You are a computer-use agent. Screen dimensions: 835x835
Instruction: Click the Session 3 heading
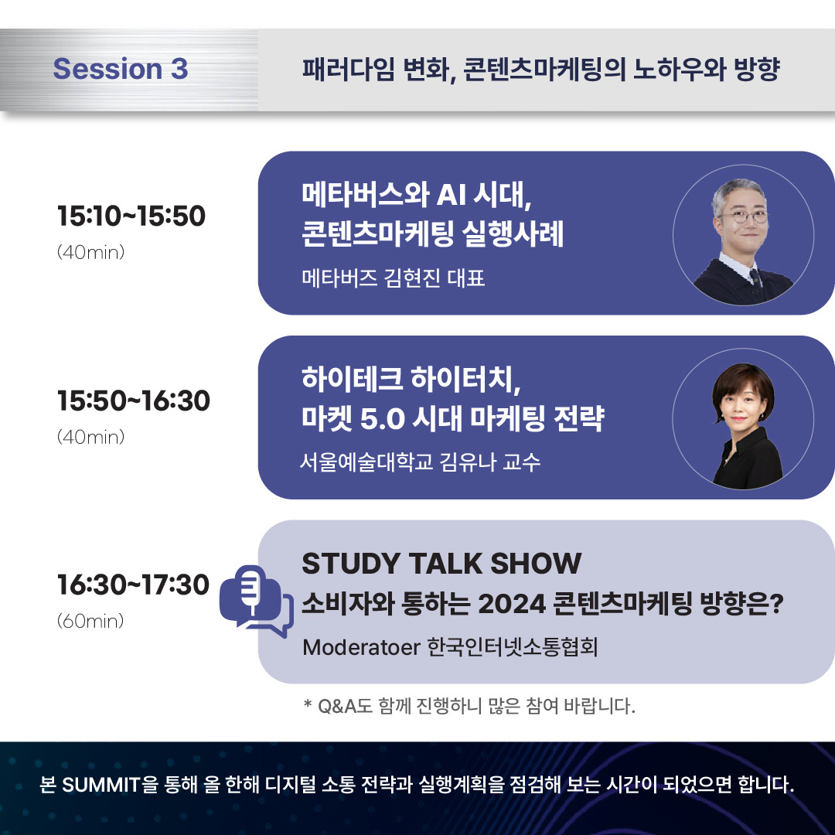point(121,70)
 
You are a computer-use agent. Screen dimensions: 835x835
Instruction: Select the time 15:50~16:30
point(134,401)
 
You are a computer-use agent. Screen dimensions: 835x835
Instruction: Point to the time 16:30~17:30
point(134,585)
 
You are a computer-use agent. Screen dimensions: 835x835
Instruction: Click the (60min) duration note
point(90,621)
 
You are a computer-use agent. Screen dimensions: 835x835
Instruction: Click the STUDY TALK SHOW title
point(441,564)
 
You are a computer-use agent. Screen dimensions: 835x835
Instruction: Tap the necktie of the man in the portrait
point(754,275)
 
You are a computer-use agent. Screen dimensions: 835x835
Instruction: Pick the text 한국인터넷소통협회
point(513,646)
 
